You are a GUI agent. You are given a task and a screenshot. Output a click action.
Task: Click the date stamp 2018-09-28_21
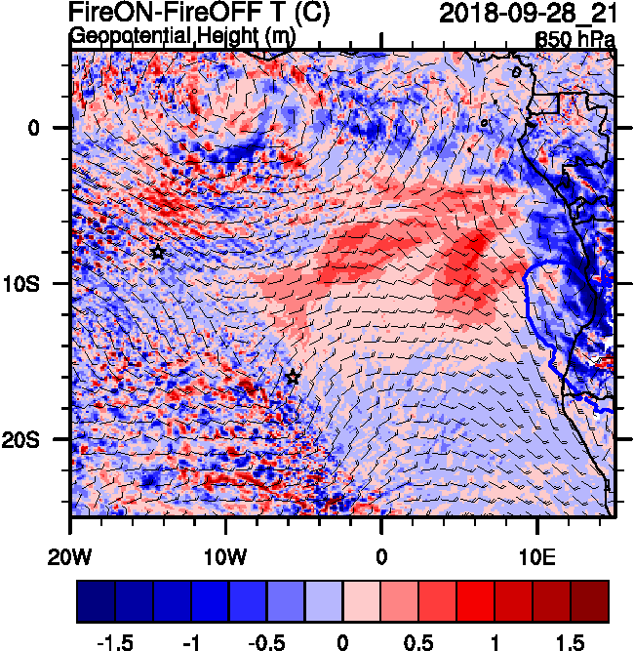click(x=527, y=14)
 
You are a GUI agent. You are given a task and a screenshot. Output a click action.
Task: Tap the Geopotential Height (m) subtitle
click(x=181, y=36)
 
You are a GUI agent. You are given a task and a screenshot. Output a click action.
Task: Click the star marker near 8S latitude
click(x=158, y=253)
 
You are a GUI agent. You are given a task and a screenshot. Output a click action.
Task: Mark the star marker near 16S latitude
click(x=293, y=377)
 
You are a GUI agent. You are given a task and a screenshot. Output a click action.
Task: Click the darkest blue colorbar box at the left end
click(x=96, y=602)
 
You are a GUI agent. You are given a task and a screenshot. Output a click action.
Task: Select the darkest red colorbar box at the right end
click(x=589, y=602)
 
